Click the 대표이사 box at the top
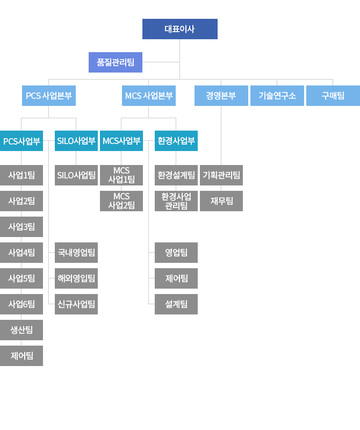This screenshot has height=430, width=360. click(x=179, y=29)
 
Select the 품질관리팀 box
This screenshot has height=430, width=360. click(x=115, y=62)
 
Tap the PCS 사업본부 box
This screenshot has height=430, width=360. click(x=49, y=96)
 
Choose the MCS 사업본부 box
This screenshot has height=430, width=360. click(x=149, y=96)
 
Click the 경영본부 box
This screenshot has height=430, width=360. click(x=221, y=96)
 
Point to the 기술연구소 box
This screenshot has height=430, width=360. click(x=277, y=96)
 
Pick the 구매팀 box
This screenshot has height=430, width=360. click(x=333, y=96)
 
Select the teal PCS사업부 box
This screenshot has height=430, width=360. click(x=21, y=141)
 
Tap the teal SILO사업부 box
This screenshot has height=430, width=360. click(x=76, y=141)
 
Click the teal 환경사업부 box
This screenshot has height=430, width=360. click(x=176, y=141)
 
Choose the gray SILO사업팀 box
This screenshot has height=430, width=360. click(x=76, y=175)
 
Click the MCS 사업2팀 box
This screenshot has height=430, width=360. click(x=121, y=200)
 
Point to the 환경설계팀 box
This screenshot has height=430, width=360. click(x=176, y=175)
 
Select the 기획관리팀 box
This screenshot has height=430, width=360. click(x=221, y=175)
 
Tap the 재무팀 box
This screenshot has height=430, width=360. click(x=221, y=200)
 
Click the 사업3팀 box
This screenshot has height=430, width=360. click(x=21, y=226)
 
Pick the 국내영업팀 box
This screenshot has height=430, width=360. click(x=76, y=252)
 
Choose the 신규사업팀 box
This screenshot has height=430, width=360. click(x=76, y=304)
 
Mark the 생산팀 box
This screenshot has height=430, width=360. click(x=21, y=329)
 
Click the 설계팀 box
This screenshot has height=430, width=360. click(x=176, y=304)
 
